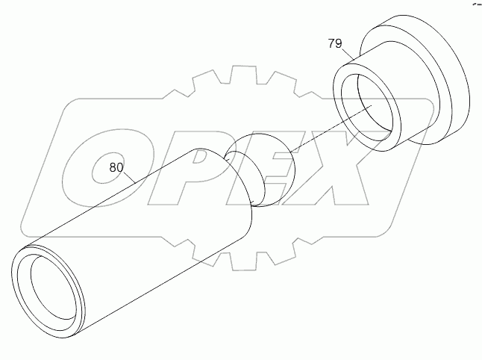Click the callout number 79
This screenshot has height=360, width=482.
click(x=334, y=44)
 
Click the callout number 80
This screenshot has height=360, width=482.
click(x=116, y=167)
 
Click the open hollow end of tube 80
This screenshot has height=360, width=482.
click(x=51, y=288)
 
